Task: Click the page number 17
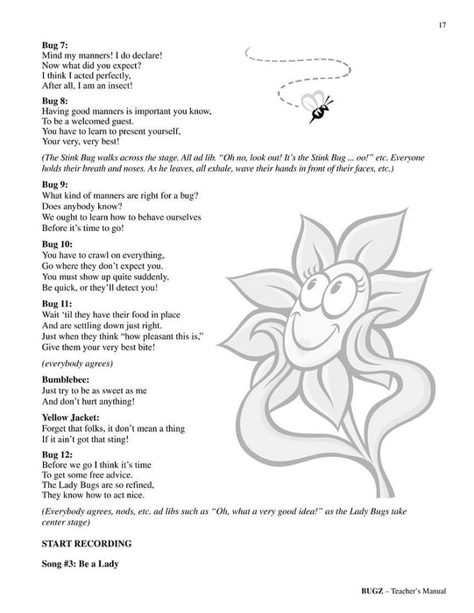coord(443,25)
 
